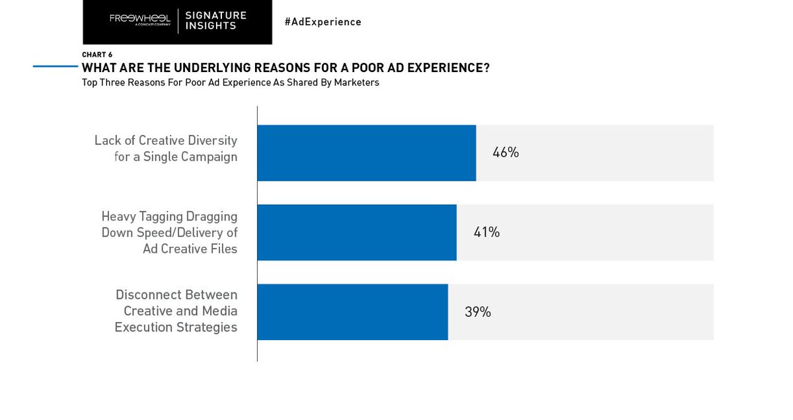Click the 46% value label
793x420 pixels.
coord(506,153)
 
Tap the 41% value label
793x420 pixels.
coord(486,232)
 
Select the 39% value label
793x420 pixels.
coord(477,312)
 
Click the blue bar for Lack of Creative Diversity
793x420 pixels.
coord(366,153)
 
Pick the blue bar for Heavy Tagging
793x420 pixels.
coord(356,232)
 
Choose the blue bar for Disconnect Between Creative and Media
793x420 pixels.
coord(352,312)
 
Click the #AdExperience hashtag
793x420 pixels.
coord(322,22)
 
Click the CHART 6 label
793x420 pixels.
coord(96,55)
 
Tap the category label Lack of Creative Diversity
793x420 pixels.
coord(165,140)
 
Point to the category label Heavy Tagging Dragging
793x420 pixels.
coord(169,216)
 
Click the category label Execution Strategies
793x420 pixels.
coord(176,327)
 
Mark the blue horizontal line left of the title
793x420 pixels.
coord(56,66)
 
